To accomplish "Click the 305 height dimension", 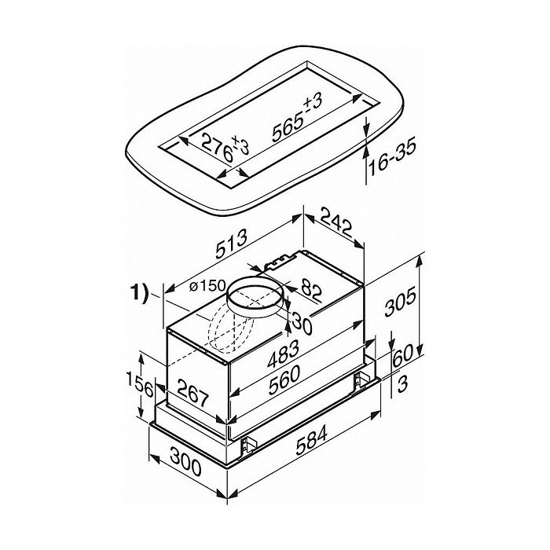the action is coord(400,301).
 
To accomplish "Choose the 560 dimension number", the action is coord(284,379).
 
